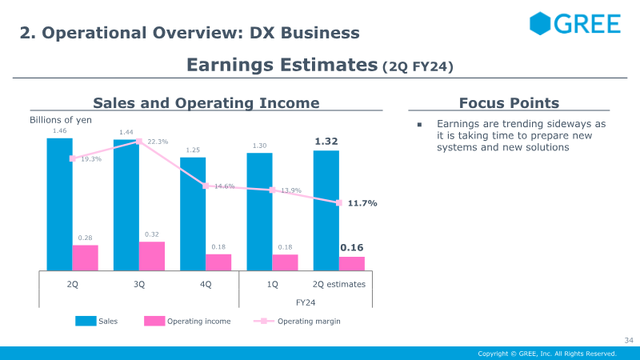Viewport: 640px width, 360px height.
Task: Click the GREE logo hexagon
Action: tap(540, 23)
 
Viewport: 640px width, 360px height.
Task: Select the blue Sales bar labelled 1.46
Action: tap(59, 204)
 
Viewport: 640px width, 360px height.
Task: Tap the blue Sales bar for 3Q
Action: tap(126, 205)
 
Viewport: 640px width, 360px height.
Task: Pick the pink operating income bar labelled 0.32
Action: tap(152, 256)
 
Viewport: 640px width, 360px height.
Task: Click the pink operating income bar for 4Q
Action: tap(218, 262)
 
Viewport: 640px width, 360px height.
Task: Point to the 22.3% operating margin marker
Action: tap(138, 142)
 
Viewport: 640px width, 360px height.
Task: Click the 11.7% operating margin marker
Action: tap(338, 203)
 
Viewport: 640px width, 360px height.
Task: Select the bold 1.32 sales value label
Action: tap(326, 142)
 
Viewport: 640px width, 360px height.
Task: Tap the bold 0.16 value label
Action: tap(352, 247)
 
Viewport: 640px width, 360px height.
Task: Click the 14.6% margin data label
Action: tap(225, 186)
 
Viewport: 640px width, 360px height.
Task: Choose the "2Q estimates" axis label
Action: tap(338, 284)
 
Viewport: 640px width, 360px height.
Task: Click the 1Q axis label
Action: tap(272, 284)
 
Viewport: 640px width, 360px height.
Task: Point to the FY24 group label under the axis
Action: tap(306, 302)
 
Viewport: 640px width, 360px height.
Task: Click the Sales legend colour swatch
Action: tap(86, 321)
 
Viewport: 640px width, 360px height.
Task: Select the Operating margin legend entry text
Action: tap(309, 322)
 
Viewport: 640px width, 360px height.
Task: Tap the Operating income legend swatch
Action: tap(154, 321)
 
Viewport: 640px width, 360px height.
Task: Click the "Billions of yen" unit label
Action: tap(61, 120)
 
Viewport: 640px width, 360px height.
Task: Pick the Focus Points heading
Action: tap(509, 103)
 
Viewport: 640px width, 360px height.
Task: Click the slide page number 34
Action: tap(629, 340)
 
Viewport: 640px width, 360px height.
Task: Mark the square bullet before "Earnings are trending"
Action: tap(419, 125)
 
